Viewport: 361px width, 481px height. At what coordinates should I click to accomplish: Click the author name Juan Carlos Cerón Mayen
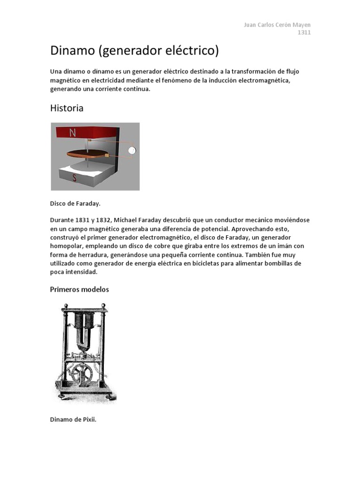tap(277, 25)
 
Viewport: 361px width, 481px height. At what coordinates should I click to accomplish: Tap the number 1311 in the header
tap(304, 32)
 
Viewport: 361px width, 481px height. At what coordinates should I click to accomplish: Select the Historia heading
tap(67, 108)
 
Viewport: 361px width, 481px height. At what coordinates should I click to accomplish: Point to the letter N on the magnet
tap(73, 133)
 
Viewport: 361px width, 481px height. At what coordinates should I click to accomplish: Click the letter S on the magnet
tap(75, 178)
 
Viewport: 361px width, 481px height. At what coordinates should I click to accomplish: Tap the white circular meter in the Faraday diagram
tap(133, 150)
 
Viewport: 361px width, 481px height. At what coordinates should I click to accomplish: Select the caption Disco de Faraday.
tap(75, 204)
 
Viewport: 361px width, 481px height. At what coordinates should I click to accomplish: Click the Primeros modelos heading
tap(79, 289)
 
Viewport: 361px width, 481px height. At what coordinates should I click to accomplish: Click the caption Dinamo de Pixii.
tap(73, 419)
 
